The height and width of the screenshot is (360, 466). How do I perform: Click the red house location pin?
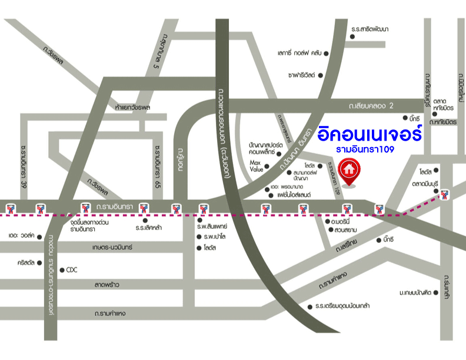tap(349, 170)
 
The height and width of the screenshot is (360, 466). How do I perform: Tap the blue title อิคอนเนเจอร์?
tap(370, 133)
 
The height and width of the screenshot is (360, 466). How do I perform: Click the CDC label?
tap(72, 270)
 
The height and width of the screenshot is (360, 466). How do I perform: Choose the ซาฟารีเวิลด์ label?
tap(302, 75)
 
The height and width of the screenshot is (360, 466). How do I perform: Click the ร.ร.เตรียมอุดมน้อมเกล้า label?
tap(342, 306)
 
